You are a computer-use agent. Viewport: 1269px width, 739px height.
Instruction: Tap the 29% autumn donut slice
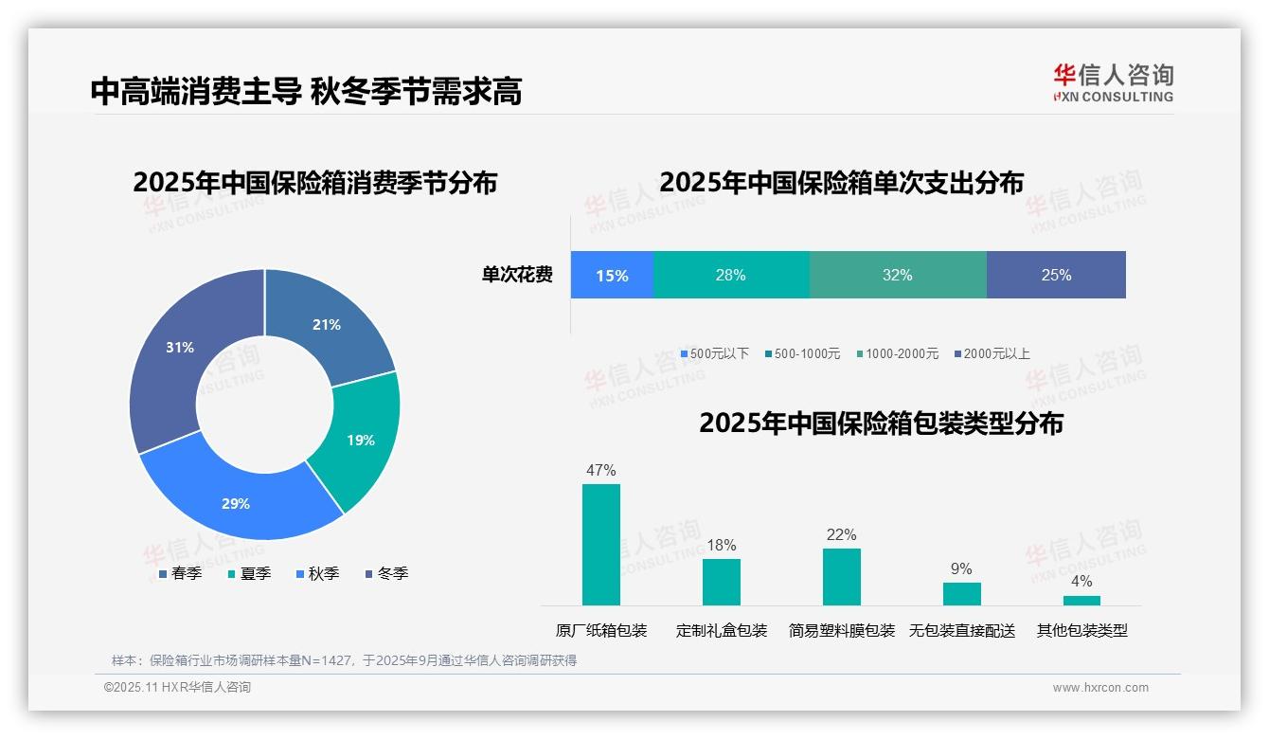click(237, 502)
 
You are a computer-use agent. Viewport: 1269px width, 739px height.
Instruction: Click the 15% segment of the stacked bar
click(612, 276)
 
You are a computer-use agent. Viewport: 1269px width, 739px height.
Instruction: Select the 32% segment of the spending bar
click(897, 276)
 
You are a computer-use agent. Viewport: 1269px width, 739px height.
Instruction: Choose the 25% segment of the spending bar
click(1056, 276)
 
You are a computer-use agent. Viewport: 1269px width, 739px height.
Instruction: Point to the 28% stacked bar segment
click(731, 276)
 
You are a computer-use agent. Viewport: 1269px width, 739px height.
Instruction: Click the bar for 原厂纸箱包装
click(601, 545)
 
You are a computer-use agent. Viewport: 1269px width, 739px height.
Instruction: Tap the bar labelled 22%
click(841, 576)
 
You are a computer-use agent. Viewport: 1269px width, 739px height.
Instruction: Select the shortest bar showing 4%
click(1081, 601)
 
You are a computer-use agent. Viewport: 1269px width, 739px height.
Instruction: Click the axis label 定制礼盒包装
click(722, 631)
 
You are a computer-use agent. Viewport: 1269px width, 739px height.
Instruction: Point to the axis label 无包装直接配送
click(961, 631)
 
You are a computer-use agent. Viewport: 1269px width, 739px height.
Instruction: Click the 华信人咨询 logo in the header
click(1113, 82)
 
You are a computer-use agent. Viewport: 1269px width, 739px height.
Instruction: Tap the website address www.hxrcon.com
click(1100, 688)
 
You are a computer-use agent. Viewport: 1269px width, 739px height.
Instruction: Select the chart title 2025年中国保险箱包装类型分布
click(881, 424)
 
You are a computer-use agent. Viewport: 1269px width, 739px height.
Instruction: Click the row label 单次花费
click(517, 276)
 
